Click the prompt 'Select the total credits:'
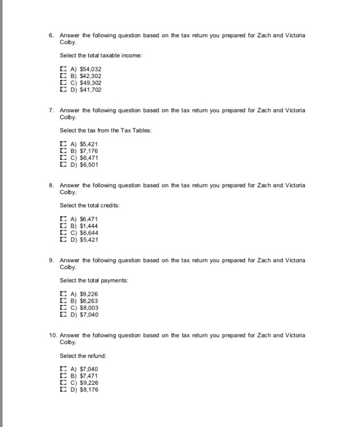click(89, 206)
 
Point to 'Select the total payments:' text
click(93, 281)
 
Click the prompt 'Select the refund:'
click(83, 356)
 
